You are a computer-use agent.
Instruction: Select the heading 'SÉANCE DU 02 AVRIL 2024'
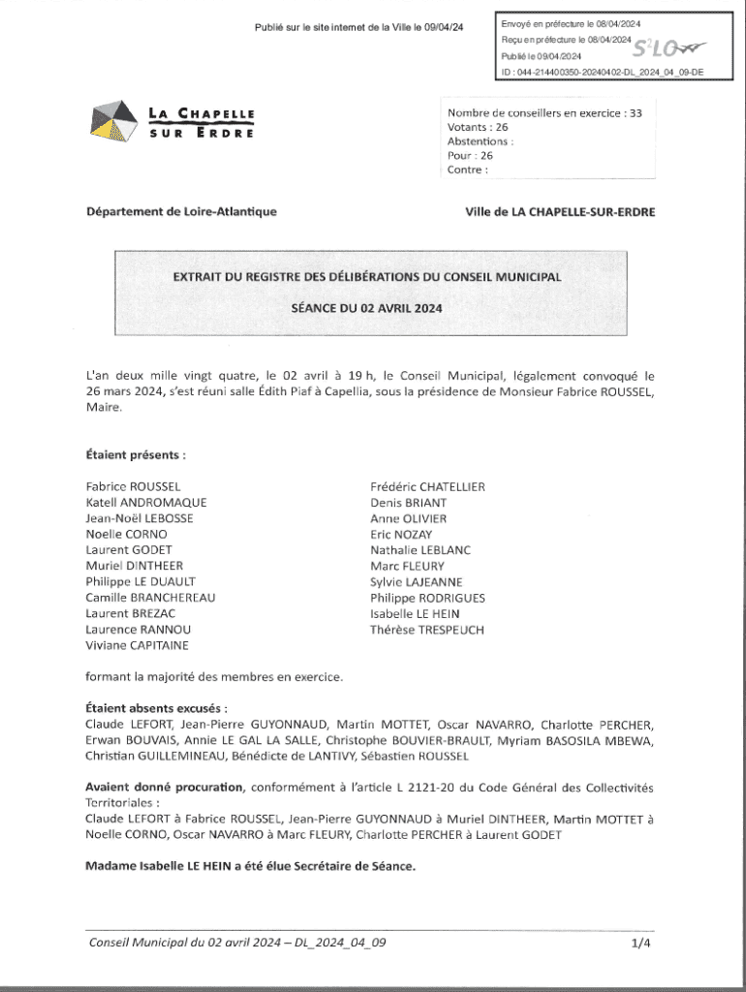click(x=366, y=310)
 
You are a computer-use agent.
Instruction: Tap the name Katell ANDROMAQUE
click(x=145, y=503)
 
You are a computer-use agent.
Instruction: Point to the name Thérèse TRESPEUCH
click(x=426, y=630)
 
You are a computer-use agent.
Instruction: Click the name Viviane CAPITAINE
click(x=138, y=645)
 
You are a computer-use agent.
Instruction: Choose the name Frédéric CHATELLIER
click(x=427, y=486)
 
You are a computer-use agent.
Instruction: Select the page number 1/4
click(x=640, y=941)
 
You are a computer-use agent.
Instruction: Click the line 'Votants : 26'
click(x=478, y=127)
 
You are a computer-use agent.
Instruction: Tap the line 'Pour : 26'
click(x=470, y=155)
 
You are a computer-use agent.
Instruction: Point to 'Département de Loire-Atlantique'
click(x=181, y=211)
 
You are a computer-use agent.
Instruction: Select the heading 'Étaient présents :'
click(x=136, y=453)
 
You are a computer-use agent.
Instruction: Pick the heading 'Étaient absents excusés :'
click(x=157, y=708)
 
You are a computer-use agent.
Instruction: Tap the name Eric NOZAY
click(x=401, y=535)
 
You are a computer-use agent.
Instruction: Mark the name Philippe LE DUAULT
click(x=140, y=582)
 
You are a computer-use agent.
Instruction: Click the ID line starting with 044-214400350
click(x=601, y=73)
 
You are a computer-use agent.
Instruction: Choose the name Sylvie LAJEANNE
click(x=416, y=582)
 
